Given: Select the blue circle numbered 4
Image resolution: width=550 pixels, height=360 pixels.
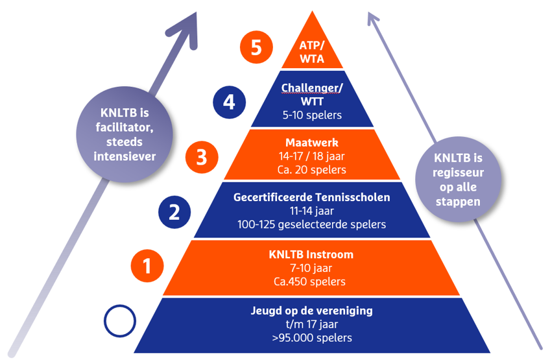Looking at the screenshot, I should (229, 102).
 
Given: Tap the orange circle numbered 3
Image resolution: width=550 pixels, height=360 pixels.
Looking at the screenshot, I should (200, 157).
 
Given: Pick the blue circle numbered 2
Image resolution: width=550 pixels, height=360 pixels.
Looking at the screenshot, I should (174, 211).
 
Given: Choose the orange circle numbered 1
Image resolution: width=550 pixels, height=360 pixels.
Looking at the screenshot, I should (147, 266).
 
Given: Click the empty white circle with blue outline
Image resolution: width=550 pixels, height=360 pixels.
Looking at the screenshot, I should (120, 320).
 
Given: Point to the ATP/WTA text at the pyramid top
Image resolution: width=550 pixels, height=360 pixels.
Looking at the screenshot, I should (312, 51).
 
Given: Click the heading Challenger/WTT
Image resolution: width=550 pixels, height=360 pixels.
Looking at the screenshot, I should (312, 93).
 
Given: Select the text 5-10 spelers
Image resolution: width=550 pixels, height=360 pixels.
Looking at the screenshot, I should (312, 115).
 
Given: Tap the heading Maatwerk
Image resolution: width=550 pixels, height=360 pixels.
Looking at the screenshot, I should (312, 141).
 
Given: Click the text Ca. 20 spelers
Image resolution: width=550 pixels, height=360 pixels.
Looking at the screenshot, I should (312, 170).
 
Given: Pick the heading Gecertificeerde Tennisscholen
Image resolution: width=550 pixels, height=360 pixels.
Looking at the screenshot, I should (312, 197).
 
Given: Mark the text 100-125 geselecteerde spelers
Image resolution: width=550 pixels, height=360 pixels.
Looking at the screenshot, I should (312, 224).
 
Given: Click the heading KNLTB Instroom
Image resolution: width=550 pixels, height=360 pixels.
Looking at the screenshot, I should (312, 254).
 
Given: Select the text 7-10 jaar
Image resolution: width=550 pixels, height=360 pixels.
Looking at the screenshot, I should (312, 268).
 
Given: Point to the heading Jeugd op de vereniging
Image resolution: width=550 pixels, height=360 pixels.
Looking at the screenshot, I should (312, 310).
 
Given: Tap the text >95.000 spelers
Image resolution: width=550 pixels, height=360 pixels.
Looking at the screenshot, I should (312, 337).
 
